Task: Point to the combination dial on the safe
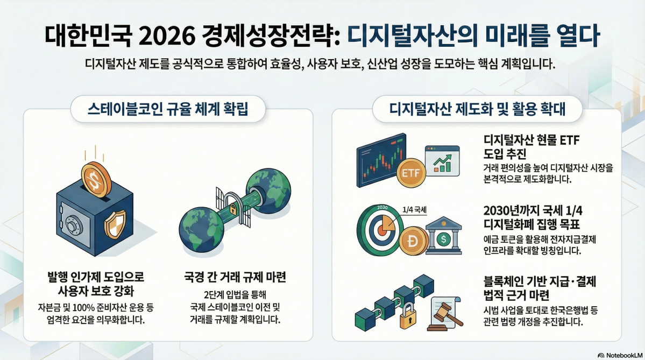(x=73, y=225)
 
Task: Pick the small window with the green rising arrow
(x=442, y=159)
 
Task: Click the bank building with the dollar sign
(x=443, y=237)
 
